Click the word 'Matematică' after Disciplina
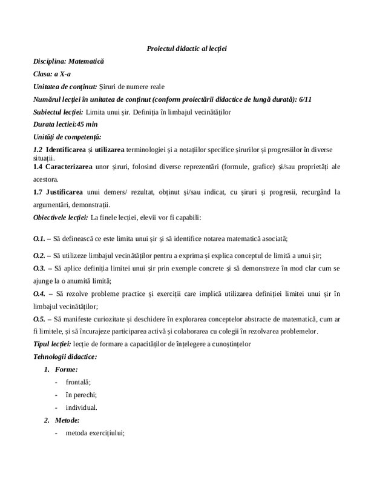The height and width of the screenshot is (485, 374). pos(86,62)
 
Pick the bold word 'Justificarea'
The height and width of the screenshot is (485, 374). pos(65,193)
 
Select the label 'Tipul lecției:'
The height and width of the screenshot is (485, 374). pos(51,345)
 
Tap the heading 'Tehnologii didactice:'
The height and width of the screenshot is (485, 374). pos(65,357)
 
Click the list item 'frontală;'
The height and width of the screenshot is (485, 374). pos(78,382)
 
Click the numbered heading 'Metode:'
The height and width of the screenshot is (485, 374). pos(67,420)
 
